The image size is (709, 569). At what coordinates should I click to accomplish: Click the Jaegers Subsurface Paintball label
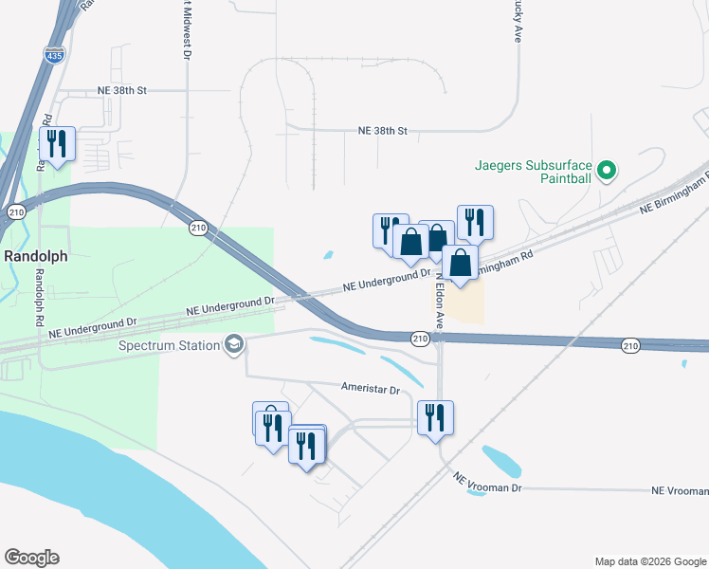[x=533, y=172]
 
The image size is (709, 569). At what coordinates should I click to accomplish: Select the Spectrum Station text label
[x=169, y=344]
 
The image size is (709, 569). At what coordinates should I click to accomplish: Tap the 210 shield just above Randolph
[x=15, y=211]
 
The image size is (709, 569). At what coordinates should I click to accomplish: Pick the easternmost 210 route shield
[x=631, y=346]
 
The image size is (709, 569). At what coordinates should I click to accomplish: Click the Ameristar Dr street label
[x=371, y=389]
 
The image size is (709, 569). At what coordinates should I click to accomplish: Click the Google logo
[x=31, y=558]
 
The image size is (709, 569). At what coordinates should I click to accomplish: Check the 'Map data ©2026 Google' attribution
[x=649, y=560]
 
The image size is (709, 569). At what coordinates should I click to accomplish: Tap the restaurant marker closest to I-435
[x=58, y=145]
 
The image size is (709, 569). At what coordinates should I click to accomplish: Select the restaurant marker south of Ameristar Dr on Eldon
[x=435, y=417]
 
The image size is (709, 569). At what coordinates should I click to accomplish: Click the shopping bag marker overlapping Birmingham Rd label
[x=460, y=263]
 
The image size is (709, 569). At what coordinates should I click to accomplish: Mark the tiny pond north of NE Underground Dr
[x=329, y=254]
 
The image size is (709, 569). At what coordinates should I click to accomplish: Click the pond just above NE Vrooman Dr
[x=502, y=461]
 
